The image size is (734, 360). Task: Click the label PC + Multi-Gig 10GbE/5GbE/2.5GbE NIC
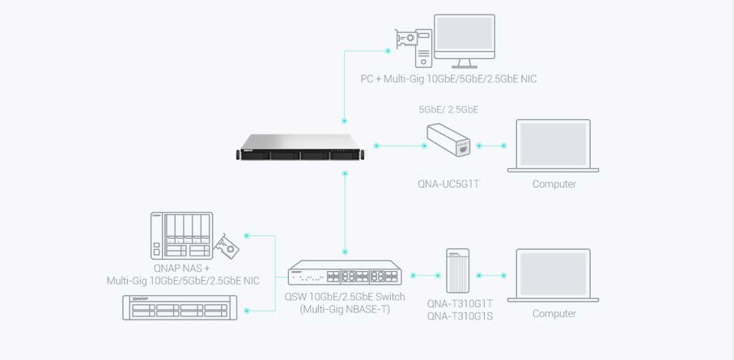(448, 79)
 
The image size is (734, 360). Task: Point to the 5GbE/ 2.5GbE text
(448, 109)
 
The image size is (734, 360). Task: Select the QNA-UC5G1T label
(448, 184)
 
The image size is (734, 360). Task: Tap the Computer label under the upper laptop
(554, 184)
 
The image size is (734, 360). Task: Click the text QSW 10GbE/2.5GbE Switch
(345, 298)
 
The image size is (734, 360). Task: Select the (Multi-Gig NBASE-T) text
(345, 309)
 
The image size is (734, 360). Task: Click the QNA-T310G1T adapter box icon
(459, 270)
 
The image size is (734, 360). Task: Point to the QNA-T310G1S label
(460, 316)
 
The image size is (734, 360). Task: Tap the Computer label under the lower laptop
(554, 314)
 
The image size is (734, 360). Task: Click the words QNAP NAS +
(182, 268)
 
